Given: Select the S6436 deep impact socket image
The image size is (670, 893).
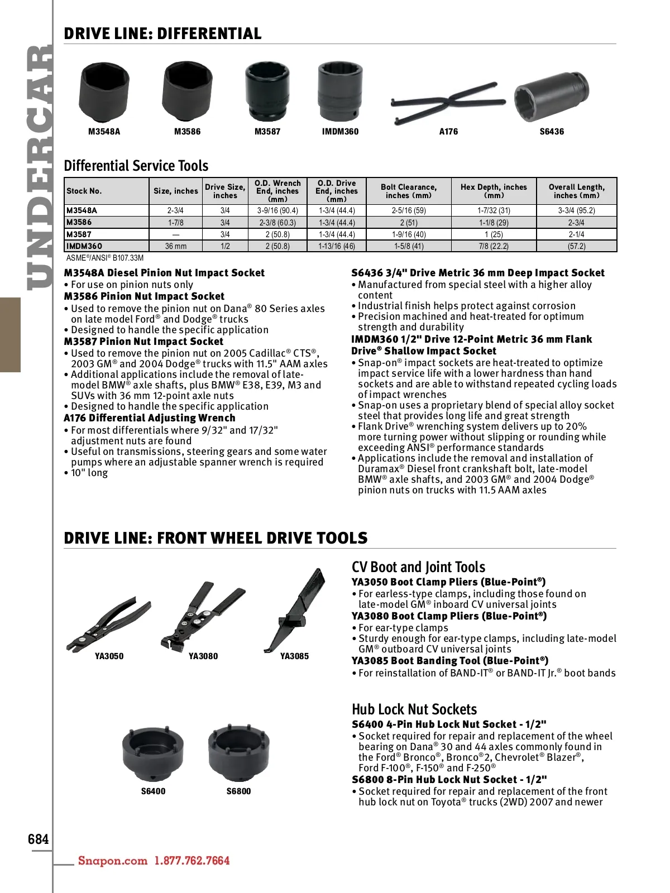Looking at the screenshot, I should coord(551,95).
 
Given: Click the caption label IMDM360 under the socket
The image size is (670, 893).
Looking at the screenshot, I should coord(340,132).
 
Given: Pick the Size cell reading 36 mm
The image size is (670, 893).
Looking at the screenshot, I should coord(176,246).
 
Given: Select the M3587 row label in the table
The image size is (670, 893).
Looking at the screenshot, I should coord(79,234).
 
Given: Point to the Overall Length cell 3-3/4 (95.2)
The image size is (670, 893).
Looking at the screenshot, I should coord(576,210).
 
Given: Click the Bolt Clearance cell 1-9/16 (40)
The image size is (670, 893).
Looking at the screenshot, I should coord(409,234).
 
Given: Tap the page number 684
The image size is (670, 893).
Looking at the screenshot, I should coord(39,839).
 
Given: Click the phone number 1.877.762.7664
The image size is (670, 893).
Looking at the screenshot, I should coord(192,861).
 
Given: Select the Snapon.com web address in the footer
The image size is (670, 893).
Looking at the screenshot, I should coord(113,861).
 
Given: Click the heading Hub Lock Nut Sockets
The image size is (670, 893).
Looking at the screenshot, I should coord(414,709).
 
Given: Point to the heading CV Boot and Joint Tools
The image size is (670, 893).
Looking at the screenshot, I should coord(418,567).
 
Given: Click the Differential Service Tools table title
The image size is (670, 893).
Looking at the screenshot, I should coord(136,166).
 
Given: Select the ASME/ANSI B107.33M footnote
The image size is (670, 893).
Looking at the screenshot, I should coord(105,258).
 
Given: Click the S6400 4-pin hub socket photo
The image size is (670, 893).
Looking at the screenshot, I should coord(153,753).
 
